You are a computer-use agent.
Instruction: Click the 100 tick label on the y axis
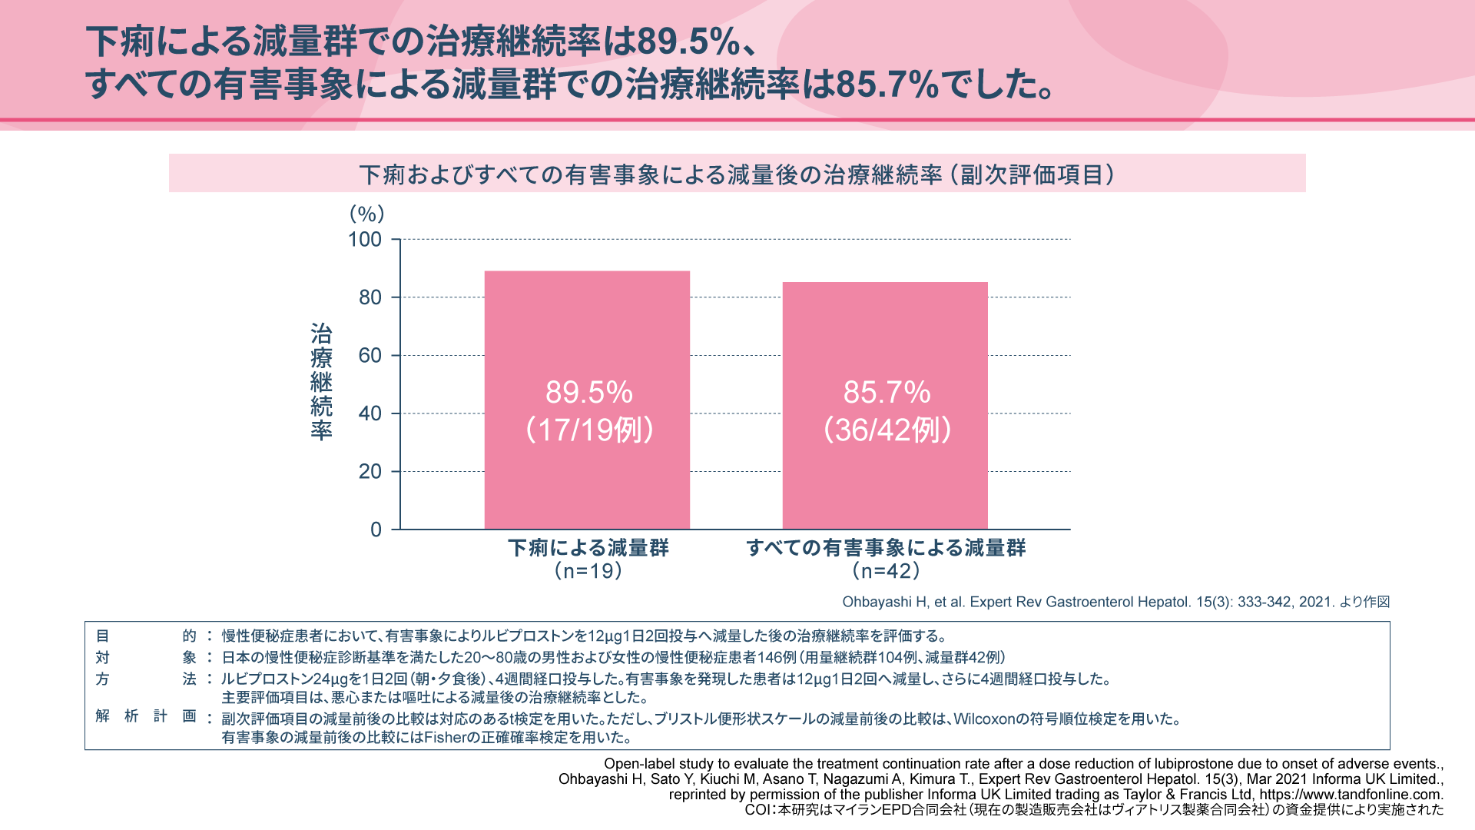tap(365, 240)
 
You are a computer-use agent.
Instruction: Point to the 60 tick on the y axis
tap(370, 356)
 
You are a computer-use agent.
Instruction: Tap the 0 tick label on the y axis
tap(376, 530)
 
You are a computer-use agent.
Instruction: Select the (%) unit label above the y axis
tap(366, 214)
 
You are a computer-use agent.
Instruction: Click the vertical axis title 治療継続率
tap(321, 381)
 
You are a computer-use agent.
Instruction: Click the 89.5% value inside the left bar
tap(588, 393)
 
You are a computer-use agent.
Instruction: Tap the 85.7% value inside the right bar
tap(887, 393)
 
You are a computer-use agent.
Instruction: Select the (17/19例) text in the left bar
tap(588, 430)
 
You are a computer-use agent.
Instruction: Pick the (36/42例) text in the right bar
tap(887, 430)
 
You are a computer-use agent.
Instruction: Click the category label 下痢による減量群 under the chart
tap(588, 548)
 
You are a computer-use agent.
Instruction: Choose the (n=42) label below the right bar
tap(886, 571)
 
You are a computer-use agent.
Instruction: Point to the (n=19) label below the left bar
tap(588, 571)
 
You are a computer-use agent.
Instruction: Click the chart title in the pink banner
tap(737, 174)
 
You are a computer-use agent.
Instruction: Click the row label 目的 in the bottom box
tap(146, 636)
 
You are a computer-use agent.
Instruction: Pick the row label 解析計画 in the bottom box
tap(146, 716)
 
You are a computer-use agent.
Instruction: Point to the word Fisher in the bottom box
tap(446, 738)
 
